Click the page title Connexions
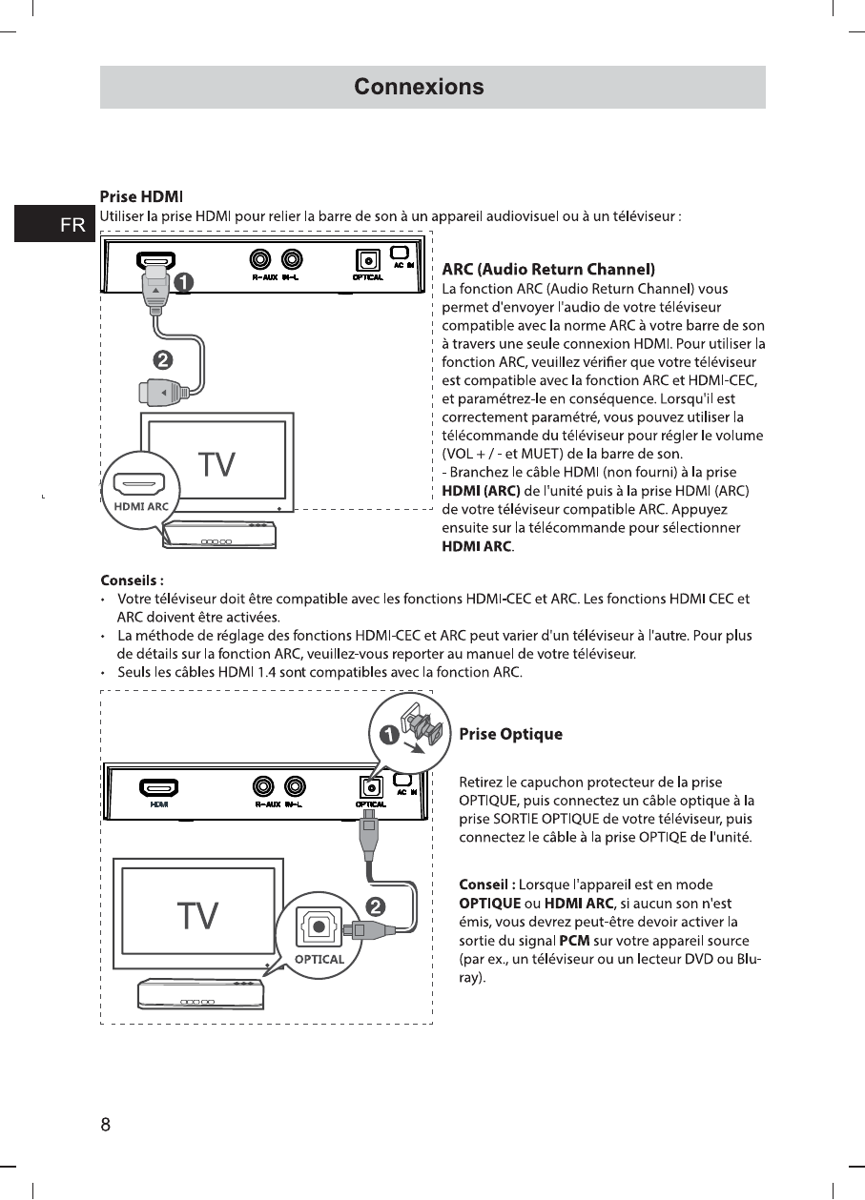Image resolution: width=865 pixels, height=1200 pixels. tap(419, 87)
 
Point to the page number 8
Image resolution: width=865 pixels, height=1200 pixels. tap(106, 1124)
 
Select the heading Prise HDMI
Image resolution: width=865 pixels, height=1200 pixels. tap(141, 197)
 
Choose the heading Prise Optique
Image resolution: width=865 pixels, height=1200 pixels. tap(510, 734)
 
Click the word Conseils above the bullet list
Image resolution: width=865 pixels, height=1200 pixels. tap(132, 580)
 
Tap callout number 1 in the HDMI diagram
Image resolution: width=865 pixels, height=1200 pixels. tap(182, 282)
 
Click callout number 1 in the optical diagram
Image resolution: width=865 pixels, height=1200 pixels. tap(389, 734)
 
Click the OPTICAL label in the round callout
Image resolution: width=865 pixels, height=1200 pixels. tap(319, 959)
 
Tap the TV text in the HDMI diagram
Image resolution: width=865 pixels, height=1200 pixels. tap(216, 465)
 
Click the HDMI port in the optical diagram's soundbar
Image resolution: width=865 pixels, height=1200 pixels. tap(159, 787)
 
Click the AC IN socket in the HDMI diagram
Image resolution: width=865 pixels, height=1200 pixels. tap(400, 253)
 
